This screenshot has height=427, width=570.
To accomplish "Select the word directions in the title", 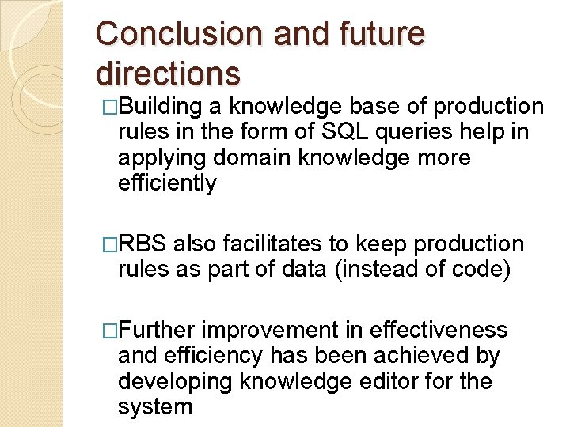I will [x=167, y=73].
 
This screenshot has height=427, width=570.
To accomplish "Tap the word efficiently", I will [x=166, y=183].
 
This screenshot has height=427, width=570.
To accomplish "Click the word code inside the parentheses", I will [x=476, y=270].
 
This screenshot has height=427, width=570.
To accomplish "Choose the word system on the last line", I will [x=154, y=406].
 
